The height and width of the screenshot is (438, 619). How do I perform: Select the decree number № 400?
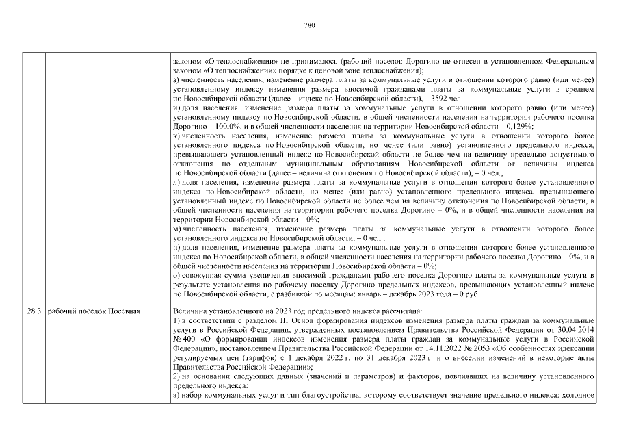pos(185,339)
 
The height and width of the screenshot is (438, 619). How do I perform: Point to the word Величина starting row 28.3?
pos(191,311)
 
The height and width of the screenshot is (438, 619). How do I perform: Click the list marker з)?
pos(176,79)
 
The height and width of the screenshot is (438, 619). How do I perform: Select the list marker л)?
pos(176,183)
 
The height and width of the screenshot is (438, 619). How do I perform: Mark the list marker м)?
pos(177,229)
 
